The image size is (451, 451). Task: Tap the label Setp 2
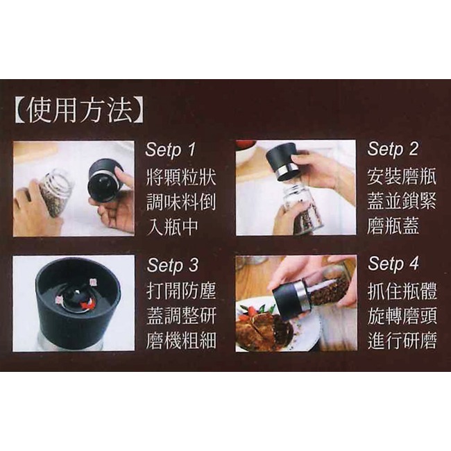(393, 149)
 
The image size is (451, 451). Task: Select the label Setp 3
(172, 265)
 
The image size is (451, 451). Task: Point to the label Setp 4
(394, 264)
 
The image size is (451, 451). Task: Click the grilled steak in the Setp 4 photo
(260, 330)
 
